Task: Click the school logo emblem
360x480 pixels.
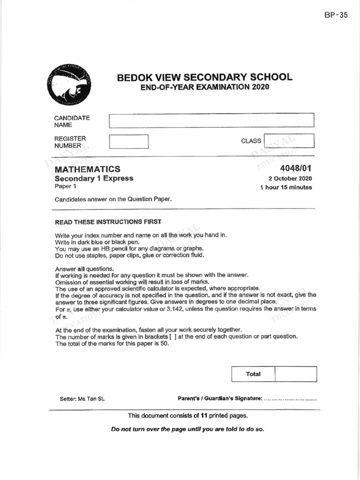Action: [69, 85]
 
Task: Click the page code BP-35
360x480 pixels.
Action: [336, 15]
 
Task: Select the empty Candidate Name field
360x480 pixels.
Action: [211, 120]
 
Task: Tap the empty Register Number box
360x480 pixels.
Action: [128, 142]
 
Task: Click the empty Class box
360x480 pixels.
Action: [289, 141]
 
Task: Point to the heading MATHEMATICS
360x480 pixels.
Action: [87, 169]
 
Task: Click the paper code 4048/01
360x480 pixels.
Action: [296, 169]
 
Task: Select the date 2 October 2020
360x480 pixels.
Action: [290, 179]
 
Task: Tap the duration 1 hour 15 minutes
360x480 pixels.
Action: [286, 187]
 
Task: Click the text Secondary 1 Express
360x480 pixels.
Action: [94, 178]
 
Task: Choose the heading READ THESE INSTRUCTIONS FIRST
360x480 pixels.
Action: [108, 222]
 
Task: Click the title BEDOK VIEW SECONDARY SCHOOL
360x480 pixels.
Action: [204, 77]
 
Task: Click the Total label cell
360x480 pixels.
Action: [253, 374]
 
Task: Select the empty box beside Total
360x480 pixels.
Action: [295, 374]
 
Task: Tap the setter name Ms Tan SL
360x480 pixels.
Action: [82, 399]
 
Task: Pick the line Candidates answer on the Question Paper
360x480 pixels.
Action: [113, 199]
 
